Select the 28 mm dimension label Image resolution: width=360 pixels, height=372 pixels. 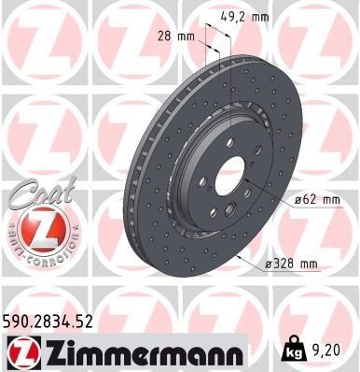(x=169, y=37)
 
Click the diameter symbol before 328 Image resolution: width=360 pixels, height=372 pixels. (x=269, y=265)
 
